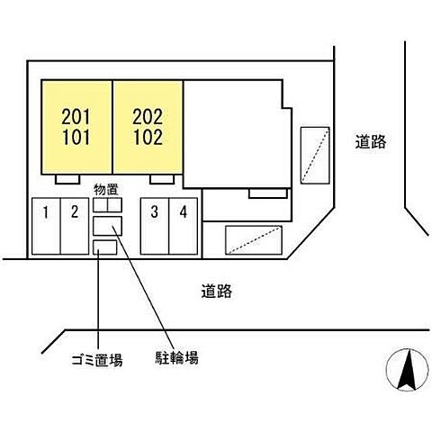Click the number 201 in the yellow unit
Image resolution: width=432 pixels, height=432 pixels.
76,117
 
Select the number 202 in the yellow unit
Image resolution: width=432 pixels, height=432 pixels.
147,117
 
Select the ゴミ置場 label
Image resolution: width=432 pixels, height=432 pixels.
97,359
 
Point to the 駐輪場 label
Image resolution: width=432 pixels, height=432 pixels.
177,358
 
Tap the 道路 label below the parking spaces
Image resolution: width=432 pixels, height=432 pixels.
217,291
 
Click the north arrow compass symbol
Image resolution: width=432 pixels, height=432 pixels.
405,370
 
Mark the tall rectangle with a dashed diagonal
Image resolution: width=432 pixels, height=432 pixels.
316,155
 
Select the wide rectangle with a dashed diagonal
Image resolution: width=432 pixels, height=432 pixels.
254,238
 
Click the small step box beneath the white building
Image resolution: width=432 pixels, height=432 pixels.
268,193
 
